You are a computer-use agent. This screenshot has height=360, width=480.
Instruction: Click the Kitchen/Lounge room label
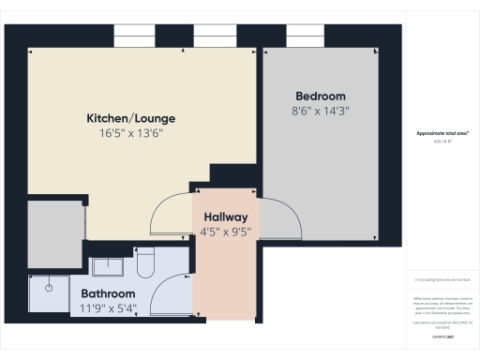click(131, 119)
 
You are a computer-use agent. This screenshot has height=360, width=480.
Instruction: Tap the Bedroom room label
click(321, 97)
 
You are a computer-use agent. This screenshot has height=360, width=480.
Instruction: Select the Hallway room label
click(226, 217)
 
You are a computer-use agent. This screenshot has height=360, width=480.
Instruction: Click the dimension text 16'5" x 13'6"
click(131, 133)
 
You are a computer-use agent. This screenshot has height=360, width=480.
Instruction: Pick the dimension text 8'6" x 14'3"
click(321, 111)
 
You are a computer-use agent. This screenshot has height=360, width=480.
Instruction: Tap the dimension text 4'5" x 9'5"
click(226, 232)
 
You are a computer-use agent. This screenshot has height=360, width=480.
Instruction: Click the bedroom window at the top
click(304, 35)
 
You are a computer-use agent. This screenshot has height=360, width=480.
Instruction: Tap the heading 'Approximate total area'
click(442, 133)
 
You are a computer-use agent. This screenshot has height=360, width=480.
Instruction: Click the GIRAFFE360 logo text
click(442, 335)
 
